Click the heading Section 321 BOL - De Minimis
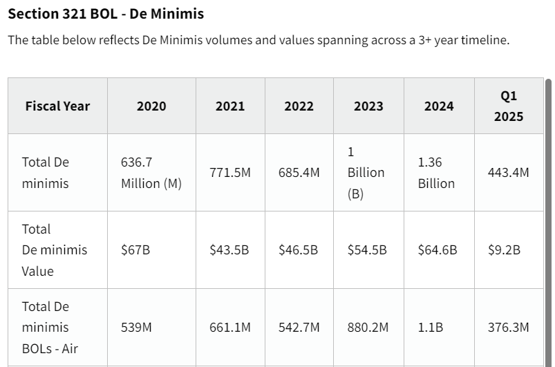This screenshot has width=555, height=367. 106,14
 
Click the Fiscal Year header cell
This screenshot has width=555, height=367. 57,106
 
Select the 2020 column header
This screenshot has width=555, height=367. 151,106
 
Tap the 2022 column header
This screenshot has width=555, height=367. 299,106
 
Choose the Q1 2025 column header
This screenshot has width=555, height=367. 509,106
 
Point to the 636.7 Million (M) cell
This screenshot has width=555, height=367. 151,173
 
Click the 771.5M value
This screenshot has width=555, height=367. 230,173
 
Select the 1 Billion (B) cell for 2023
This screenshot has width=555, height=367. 366,173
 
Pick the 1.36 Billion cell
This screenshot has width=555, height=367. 436,173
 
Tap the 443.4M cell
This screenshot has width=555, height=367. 509,173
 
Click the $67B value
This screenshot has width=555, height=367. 135,250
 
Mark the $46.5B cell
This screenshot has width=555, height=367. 299,250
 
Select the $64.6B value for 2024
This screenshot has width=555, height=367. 438,250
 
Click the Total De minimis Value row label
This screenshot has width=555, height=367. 55,250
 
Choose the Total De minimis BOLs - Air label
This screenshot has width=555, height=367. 50,327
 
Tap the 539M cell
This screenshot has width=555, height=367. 137,327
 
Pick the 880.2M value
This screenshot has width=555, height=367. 368,327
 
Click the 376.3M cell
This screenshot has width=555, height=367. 509,327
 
